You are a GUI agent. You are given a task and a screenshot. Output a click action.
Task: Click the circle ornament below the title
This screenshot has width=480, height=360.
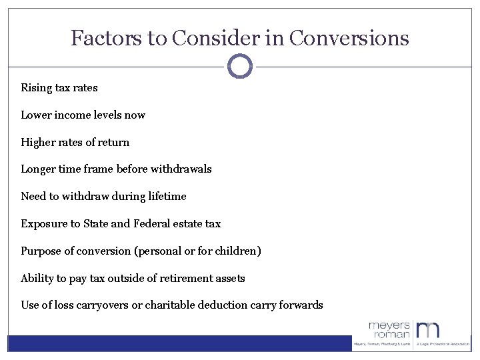[240, 66]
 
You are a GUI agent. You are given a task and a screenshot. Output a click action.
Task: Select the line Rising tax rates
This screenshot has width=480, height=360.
[59, 88]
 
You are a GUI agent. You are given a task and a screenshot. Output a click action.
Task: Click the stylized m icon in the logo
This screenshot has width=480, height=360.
[429, 329]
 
